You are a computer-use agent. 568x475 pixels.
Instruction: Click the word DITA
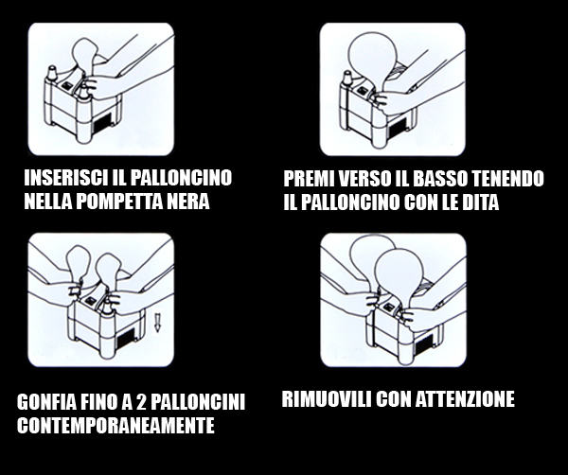(478, 202)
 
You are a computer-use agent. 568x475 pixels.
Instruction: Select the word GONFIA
(48, 403)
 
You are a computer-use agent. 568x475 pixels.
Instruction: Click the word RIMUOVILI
(326, 398)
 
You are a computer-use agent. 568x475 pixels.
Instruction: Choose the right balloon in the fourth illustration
(401, 270)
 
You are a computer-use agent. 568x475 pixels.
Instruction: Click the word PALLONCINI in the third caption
(198, 403)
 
